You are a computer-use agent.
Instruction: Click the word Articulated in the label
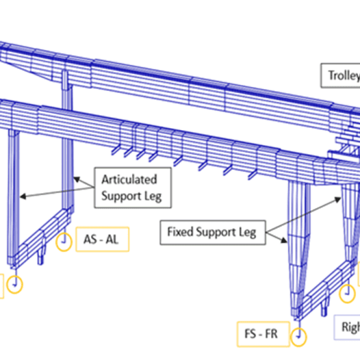129,180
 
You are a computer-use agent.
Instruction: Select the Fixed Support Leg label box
211,232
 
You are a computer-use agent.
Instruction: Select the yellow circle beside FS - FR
298,336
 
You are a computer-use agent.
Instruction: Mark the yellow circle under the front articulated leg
15,284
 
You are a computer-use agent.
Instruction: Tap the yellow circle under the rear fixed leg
348,294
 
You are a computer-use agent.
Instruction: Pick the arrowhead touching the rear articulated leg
76,179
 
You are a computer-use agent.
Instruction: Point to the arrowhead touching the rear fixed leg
341,198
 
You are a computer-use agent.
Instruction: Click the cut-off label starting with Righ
350,327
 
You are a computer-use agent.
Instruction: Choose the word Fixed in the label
178,232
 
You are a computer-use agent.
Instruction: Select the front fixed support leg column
298,247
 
